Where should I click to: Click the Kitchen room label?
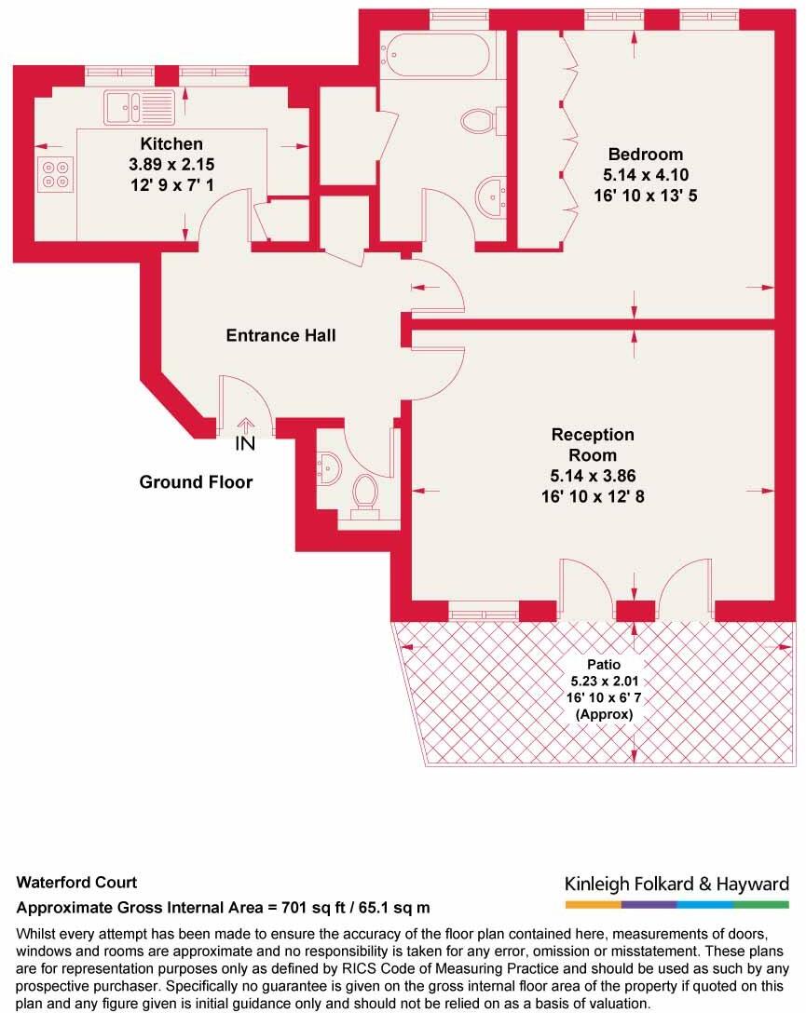pos(171,143)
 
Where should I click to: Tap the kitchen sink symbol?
pos(138,107)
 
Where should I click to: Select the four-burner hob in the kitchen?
pos(55,174)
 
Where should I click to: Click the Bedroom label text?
pos(645,154)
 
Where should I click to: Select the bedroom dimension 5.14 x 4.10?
pos(645,174)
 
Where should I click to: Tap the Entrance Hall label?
pos(280,335)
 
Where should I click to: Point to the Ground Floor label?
pos(196,482)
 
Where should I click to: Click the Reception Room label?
pos(592,444)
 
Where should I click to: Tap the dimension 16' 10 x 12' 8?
pos(592,496)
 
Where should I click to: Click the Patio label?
pos(604,664)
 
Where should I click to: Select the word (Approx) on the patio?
pos(604,714)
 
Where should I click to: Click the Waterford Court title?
pos(76,883)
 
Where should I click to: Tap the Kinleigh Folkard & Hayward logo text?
pos(676,884)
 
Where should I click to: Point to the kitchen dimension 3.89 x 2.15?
pos(171,164)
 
